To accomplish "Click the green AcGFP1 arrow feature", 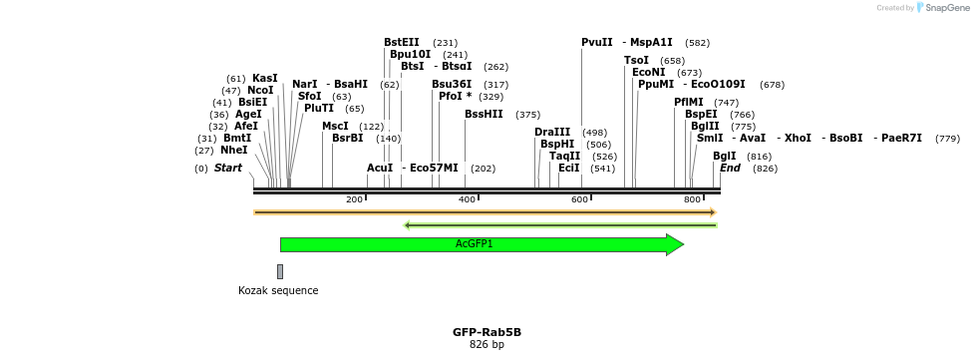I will pos(475,244).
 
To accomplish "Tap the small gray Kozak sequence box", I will pos(280,271).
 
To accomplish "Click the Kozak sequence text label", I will pos(278,291).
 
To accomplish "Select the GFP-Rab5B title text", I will pos(487,332).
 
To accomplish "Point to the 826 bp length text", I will pos(487,345).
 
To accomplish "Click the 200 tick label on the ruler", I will pos(354,200).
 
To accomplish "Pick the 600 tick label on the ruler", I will pos(579,200).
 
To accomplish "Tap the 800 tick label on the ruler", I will pos(692,200).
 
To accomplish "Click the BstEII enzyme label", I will pos(402,42).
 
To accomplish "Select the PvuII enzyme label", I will pos(597,42).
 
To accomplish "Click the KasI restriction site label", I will pos(265,78).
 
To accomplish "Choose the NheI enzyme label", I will pos(234,150).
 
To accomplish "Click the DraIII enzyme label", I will pos(552,132).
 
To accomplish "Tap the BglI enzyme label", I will pos(725,156).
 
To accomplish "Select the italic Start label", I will pos(228,169).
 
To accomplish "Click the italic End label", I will pos(730,169).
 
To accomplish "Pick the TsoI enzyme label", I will pos(636,60).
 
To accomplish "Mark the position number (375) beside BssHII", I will pos(527,115).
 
